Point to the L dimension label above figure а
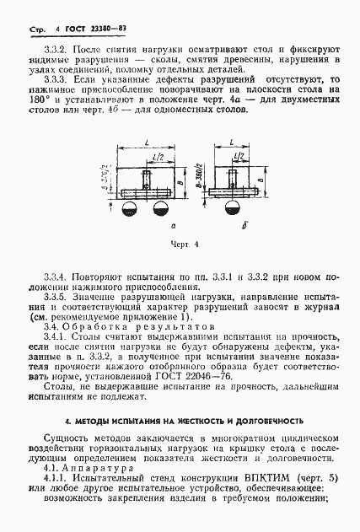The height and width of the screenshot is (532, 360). click(148, 145)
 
